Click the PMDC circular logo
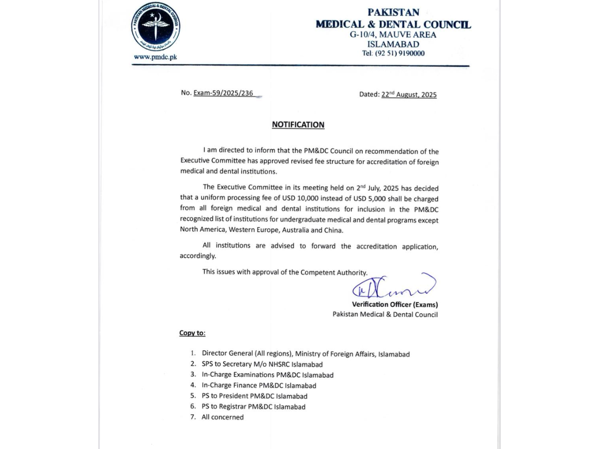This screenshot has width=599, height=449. click(x=156, y=27)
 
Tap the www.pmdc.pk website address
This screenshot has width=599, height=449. click(x=155, y=57)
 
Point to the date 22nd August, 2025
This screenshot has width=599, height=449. click(x=409, y=95)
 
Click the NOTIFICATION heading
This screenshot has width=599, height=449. click(x=298, y=125)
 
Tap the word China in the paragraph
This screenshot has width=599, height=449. click(x=334, y=230)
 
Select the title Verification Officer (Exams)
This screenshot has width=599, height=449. click(x=395, y=304)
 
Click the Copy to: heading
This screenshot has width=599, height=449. click(x=192, y=333)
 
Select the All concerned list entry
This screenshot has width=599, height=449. click(x=223, y=417)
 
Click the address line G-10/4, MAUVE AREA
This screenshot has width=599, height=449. click(x=393, y=35)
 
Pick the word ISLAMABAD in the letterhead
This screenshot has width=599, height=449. click(x=393, y=44)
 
